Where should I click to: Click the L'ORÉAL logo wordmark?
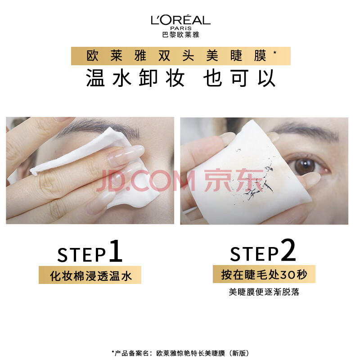click(x=180, y=20)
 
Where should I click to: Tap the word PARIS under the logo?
click(x=181, y=28)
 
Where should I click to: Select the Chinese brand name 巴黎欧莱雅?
click(x=181, y=35)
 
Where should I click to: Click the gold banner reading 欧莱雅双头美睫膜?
click(x=181, y=56)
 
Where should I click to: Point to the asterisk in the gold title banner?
click(x=275, y=53)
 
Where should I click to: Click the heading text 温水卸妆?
click(x=135, y=78)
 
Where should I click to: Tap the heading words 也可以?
click(x=239, y=78)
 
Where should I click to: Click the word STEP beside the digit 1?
click(x=81, y=255)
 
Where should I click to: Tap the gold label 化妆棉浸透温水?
click(x=90, y=275)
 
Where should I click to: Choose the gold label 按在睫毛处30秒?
click(x=264, y=274)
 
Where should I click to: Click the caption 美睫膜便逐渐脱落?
click(x=264, y=292)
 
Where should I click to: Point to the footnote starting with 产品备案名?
click(x=180, y=353)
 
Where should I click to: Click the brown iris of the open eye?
click(x=305, y=166)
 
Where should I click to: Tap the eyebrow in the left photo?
click(x=99, y=128)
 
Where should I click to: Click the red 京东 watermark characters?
click(x=234, y=180)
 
